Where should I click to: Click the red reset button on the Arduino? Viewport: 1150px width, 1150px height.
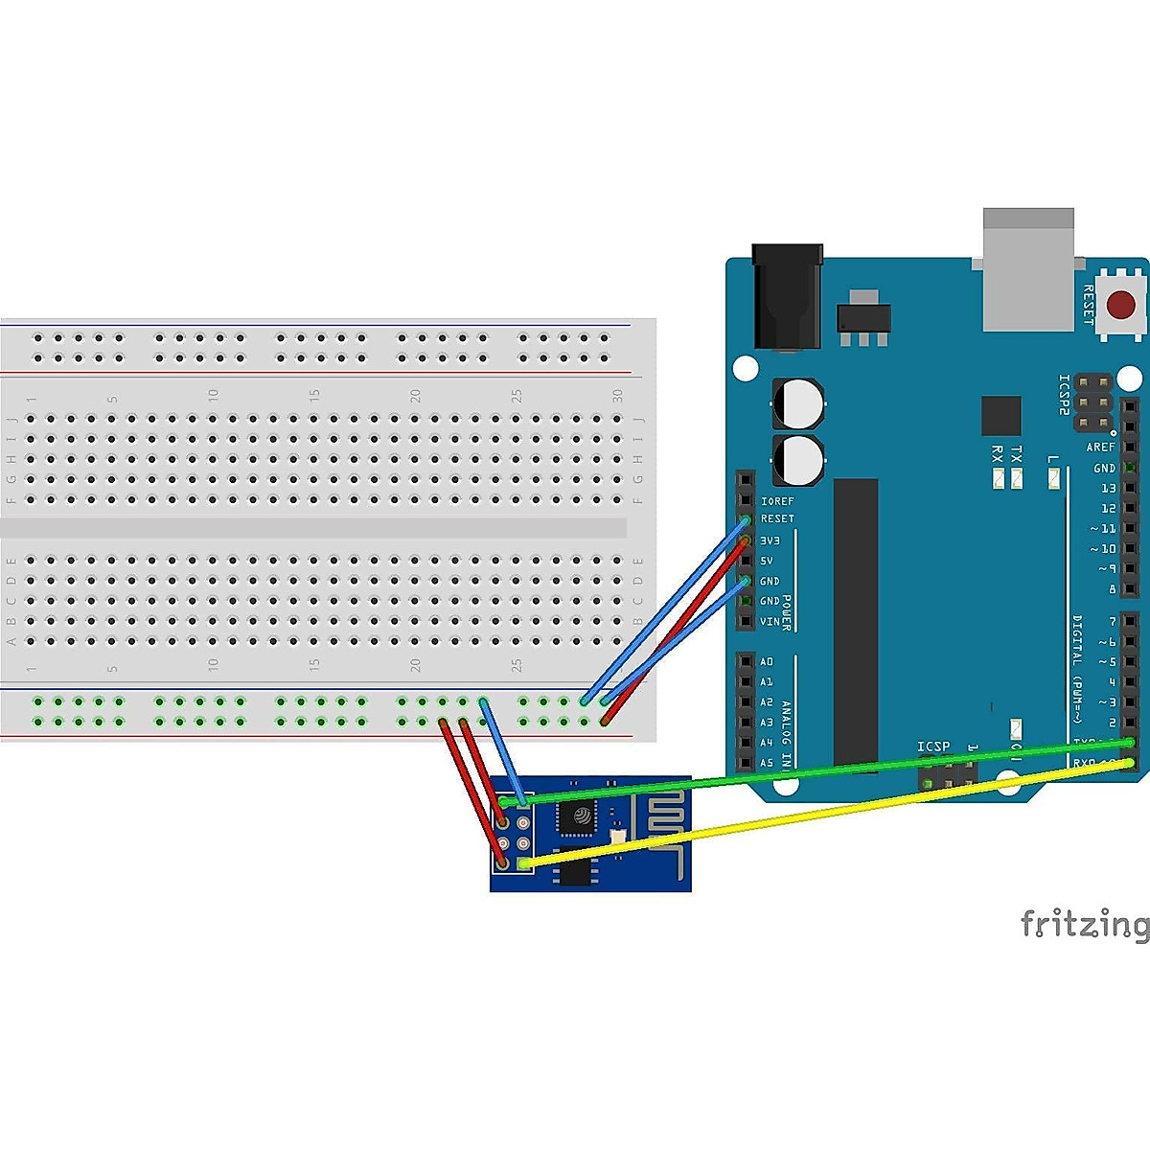coord(1120,306)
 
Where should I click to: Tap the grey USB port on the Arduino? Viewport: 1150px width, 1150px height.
coord(1028,269)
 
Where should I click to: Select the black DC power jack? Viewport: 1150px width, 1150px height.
coord(787,296)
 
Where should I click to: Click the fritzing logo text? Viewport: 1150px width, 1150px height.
coord(1084,924)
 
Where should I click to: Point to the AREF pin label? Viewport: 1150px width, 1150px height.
coord(1100,448)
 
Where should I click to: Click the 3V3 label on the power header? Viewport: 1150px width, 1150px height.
coord(770,540)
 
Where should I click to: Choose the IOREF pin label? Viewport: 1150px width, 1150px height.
coord(777,501)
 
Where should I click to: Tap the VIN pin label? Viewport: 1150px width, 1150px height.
coord(770,622)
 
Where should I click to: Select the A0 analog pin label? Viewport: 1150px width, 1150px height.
coord(767,662)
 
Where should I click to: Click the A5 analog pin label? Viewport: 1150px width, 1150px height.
coord(767,764)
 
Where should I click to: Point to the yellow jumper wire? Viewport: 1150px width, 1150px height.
coord(815,815)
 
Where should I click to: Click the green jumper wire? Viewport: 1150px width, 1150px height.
coord(815,771)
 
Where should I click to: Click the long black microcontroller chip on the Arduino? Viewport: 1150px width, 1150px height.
coord(856,623)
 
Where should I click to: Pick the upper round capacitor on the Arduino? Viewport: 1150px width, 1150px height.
coord(798,403)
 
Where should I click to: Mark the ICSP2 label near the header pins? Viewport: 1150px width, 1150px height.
coord(1064,394)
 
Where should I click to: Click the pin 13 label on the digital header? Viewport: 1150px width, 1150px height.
coord(1108,489)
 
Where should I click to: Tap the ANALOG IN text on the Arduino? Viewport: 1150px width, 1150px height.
coord(786,734)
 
